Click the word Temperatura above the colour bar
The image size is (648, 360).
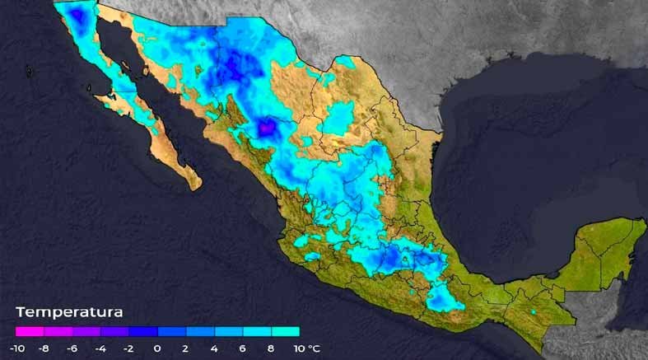(x=69, y=312)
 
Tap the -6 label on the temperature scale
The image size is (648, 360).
(x=73, y=348)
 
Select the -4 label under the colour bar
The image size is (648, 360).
(x=101, y=348)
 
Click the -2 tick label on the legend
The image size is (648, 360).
(x=129, y=348)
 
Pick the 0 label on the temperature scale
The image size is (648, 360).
(x=157, y=348)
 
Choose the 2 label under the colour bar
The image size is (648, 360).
(x=186, y=348)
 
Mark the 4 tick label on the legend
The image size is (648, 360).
(x=214, y=348)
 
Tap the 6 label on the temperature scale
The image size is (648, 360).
(x=242, y=348)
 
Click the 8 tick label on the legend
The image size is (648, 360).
(x=270, y=348)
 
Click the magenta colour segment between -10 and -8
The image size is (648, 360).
(x=30, y=332)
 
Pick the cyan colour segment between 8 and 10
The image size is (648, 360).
(x=285, y=332)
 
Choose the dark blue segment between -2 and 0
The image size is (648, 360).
(x=143, y=332)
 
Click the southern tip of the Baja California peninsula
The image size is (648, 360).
(x=195, y=185)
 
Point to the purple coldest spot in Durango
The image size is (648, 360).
(x=267, y=129)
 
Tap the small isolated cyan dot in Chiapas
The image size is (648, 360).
(x=533, y=312)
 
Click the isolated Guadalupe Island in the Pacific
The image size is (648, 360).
(x=30, y=72)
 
